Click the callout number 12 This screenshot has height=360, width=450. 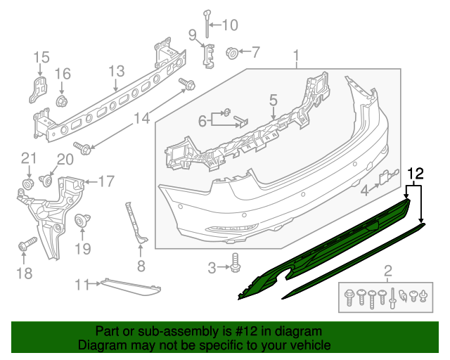[x=416, y=174]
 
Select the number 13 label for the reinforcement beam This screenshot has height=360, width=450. [x=116, y=70]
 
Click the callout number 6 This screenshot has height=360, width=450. [x=202, y=121]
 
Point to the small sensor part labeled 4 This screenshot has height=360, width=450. [x=386, y=179]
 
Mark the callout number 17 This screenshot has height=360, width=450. [x=105, y=182]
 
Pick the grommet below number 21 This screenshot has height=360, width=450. [x=29, y=184]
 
